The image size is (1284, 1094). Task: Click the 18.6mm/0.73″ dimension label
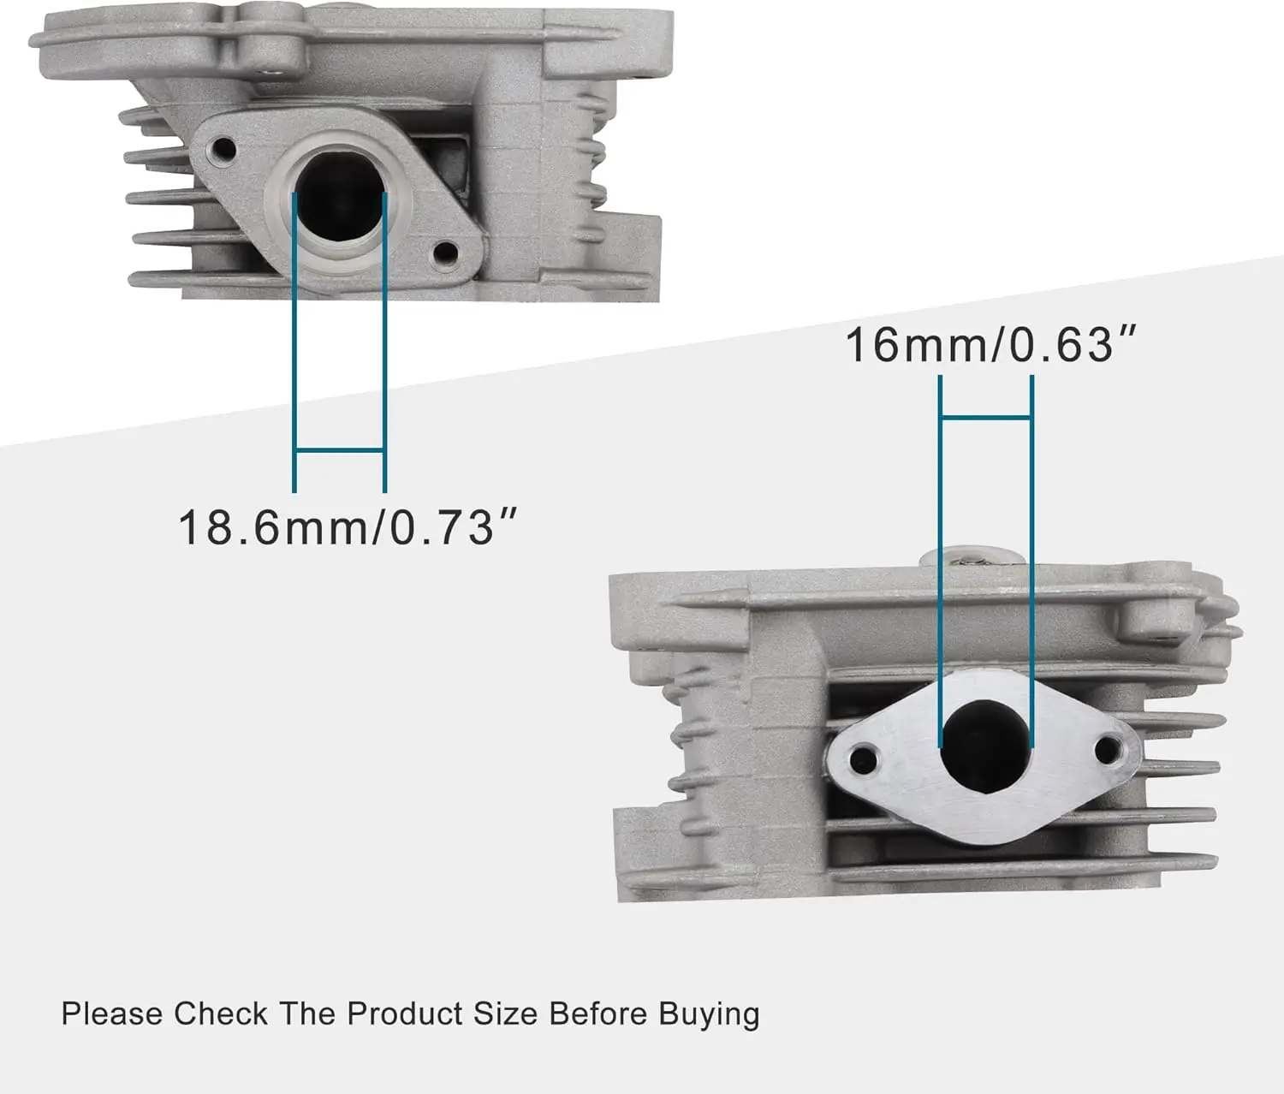348,528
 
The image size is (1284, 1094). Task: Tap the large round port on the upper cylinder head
339,193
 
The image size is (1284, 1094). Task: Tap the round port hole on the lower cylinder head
985,746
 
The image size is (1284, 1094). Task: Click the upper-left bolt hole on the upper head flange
223,149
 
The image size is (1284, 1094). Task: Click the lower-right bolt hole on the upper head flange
445,253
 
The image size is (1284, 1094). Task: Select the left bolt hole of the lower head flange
864,759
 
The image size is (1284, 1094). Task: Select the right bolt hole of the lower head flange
1108,750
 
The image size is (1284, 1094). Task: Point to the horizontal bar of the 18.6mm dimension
339,450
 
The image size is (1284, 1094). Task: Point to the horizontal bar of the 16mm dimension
986,418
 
